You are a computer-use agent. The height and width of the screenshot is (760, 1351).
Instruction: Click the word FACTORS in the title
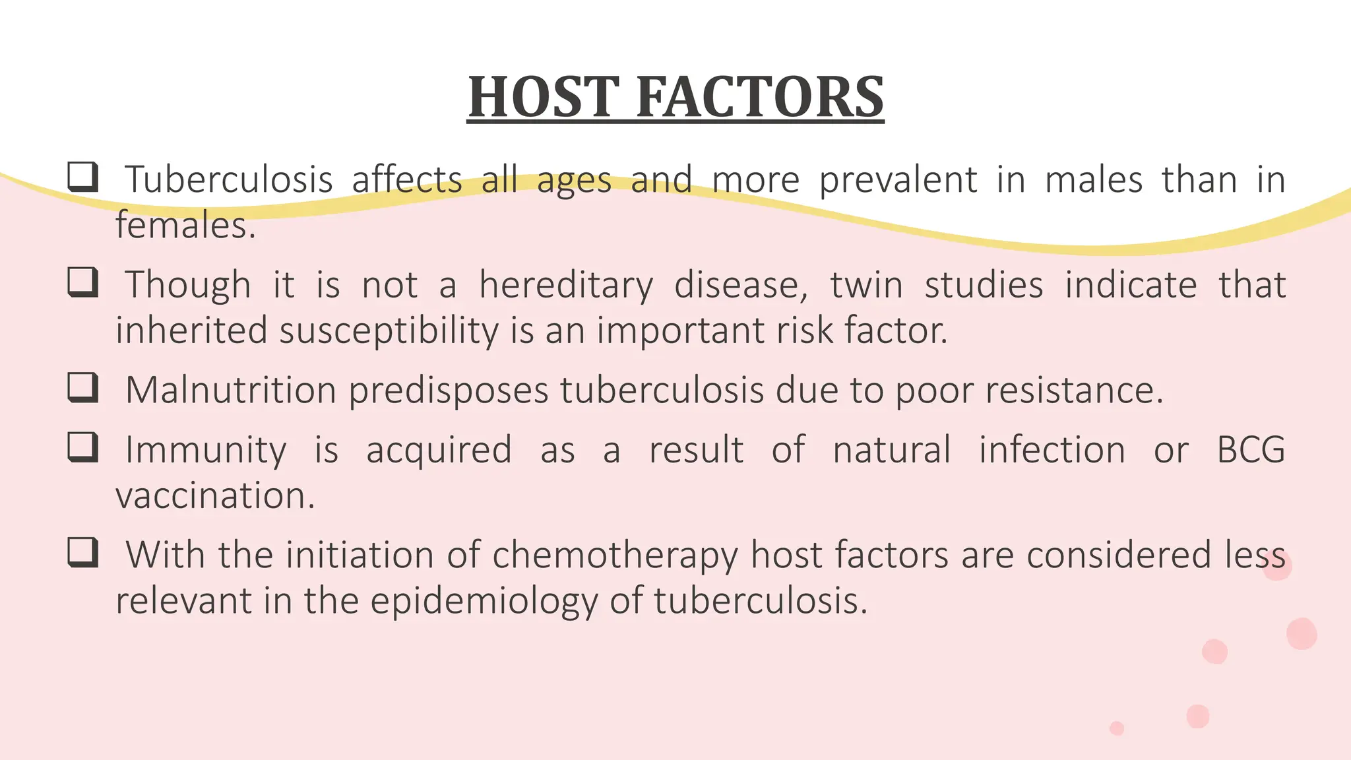click(760, 97)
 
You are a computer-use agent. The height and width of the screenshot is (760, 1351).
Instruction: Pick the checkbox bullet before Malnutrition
click(83, 388)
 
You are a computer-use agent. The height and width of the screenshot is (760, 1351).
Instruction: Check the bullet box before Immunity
click(83, 447)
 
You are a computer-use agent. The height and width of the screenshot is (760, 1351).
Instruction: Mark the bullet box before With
click(83, 553)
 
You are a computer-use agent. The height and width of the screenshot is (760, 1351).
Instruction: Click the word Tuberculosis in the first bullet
click(229, 179)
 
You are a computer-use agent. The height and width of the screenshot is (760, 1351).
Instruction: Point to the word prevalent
click(898, 179)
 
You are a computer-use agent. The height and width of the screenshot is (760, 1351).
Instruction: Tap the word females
click(185, 226)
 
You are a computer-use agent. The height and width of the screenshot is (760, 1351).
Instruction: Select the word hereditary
click(566, 286)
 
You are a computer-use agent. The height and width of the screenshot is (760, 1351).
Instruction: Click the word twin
click(866, 285)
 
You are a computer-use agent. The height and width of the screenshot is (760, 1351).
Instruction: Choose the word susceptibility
click(389, 331)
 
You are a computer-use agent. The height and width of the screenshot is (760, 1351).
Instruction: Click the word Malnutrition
click(231, 390)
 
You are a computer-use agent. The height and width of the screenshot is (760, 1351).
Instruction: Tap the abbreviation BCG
click(1251, 450)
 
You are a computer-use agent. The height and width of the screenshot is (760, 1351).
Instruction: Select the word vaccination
click(215, 495)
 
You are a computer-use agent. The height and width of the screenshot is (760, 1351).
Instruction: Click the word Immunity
click(206, 450)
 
